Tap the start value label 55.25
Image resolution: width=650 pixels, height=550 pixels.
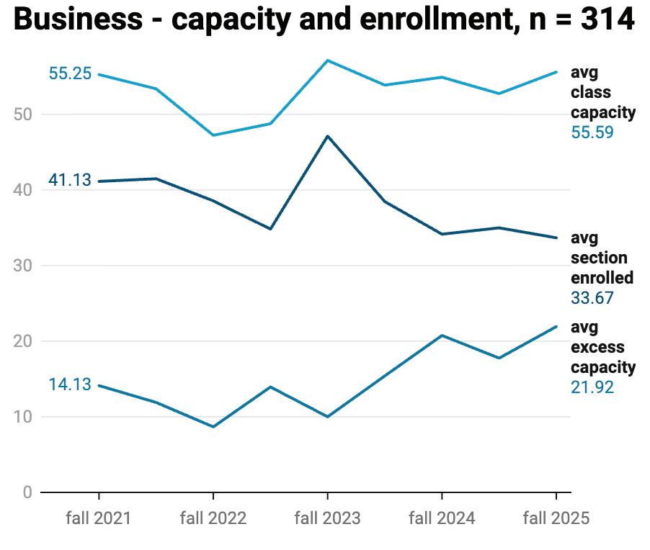[x=70, y=73]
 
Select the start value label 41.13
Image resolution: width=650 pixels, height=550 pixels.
[x=70, y=180]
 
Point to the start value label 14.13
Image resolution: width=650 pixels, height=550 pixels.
[x=70, y=384]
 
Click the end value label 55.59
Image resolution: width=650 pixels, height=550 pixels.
[x=592, y=132]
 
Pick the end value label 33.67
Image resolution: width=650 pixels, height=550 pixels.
[x=592, y=298]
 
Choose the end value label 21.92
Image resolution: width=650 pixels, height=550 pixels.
[x=592, y=387]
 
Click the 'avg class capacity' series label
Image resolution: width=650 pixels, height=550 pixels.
[x=602, y=92]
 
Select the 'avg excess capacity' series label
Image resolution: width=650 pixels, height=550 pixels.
[x=602, y=347]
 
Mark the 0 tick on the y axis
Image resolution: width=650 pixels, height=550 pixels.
[x=28, y=492]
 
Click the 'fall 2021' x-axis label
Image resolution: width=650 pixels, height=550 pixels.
[x=98, y=518]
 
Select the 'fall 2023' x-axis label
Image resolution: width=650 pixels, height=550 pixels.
[x=328, y=518]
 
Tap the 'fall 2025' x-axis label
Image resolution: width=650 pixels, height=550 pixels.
[x=556, y=518]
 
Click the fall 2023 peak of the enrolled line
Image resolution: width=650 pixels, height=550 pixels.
[x=328, y=136]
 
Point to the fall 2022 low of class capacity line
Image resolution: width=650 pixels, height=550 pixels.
[x=213, y=135]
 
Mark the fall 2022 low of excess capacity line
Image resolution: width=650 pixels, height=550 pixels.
[x=213, y=426]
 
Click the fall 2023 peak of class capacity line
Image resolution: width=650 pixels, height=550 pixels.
[x=328, y=60]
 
